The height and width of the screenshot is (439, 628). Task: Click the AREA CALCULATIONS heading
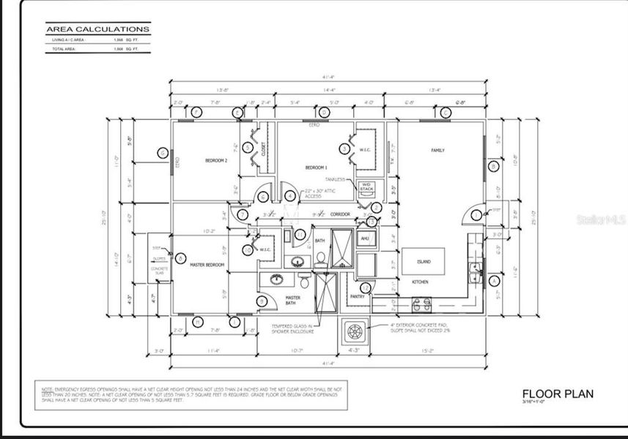(97, 29)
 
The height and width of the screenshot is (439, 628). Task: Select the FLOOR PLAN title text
(557, 394)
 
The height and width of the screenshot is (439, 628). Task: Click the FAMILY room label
(437, 151)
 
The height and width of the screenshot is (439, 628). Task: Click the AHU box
(364, 239)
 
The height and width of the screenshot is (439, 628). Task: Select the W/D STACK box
(367, 187)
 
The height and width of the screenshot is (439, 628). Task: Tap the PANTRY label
(358, 296)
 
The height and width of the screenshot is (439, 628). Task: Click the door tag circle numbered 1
(476, 214)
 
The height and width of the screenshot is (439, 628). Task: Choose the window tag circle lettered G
(163, 153)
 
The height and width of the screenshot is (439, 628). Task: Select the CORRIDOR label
(339, 214)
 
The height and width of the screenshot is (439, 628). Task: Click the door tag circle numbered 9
(261, 301)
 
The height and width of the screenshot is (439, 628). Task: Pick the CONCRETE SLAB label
(159, 271)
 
